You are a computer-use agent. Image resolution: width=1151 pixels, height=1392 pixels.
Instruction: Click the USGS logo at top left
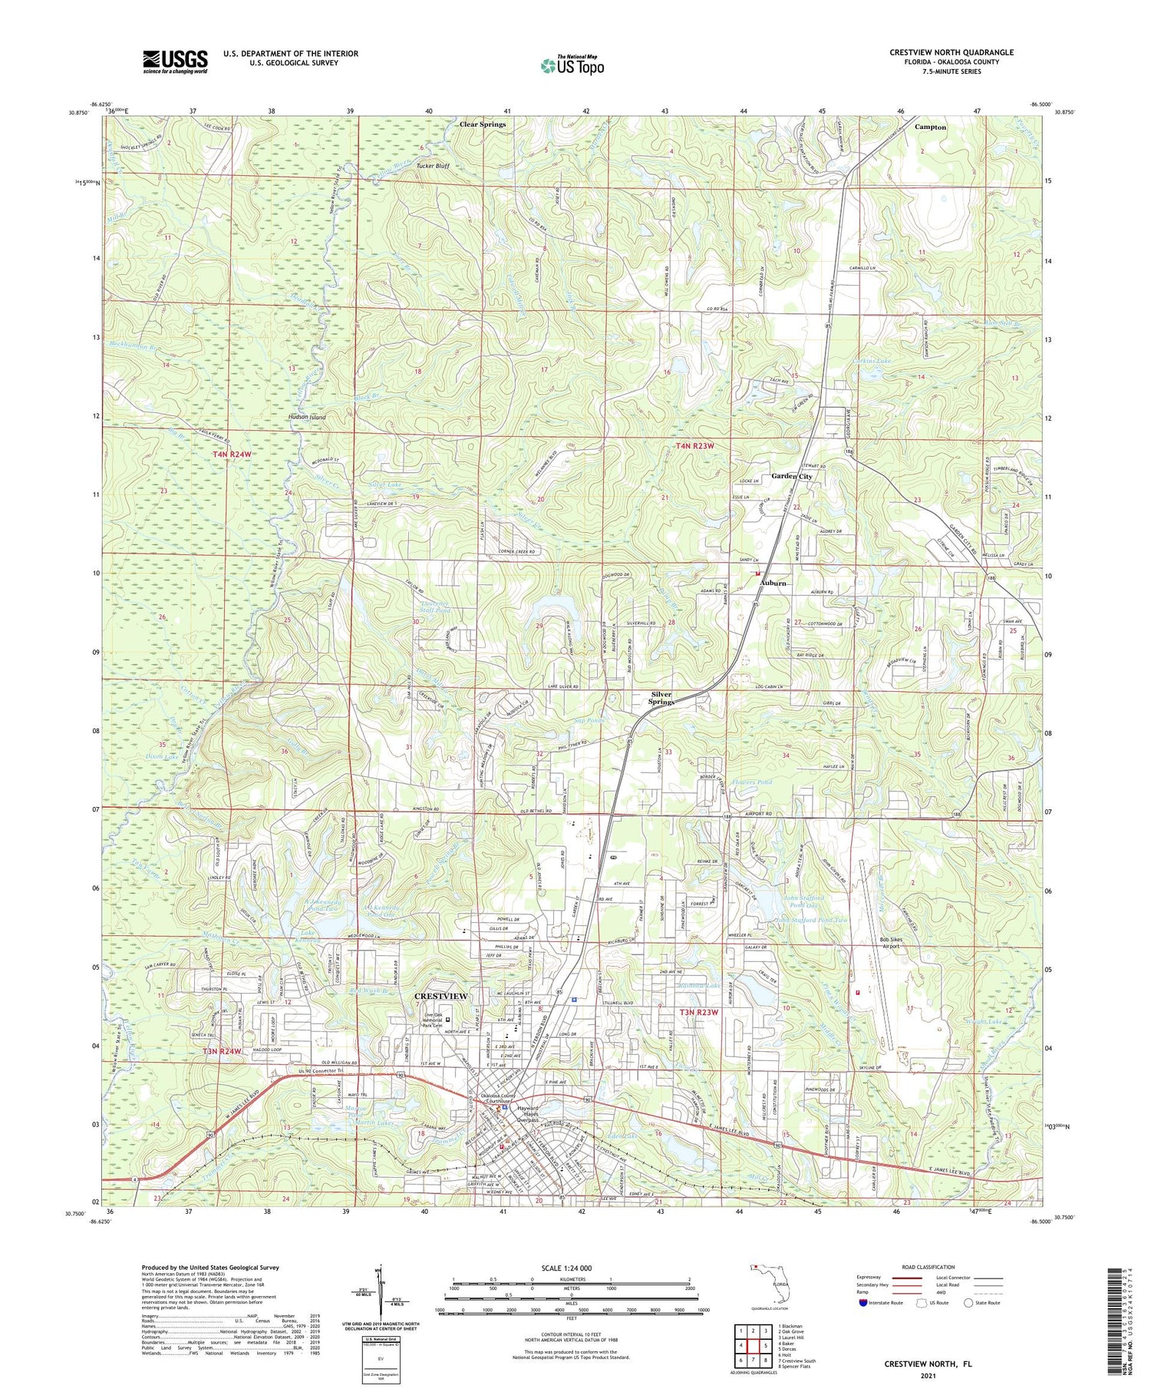click(175, 61)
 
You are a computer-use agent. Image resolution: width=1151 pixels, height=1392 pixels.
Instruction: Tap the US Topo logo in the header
click(572, 66)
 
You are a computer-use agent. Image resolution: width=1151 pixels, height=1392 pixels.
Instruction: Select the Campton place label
click(930, 127)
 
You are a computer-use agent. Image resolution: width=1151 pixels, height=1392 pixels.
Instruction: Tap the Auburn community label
click(773, 584)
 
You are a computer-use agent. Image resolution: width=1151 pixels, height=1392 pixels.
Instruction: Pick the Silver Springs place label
click(661, 697)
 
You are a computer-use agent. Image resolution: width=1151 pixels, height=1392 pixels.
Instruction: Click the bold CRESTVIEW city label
click(440, 997)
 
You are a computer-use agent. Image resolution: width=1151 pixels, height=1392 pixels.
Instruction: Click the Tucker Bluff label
click(432, 166)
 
